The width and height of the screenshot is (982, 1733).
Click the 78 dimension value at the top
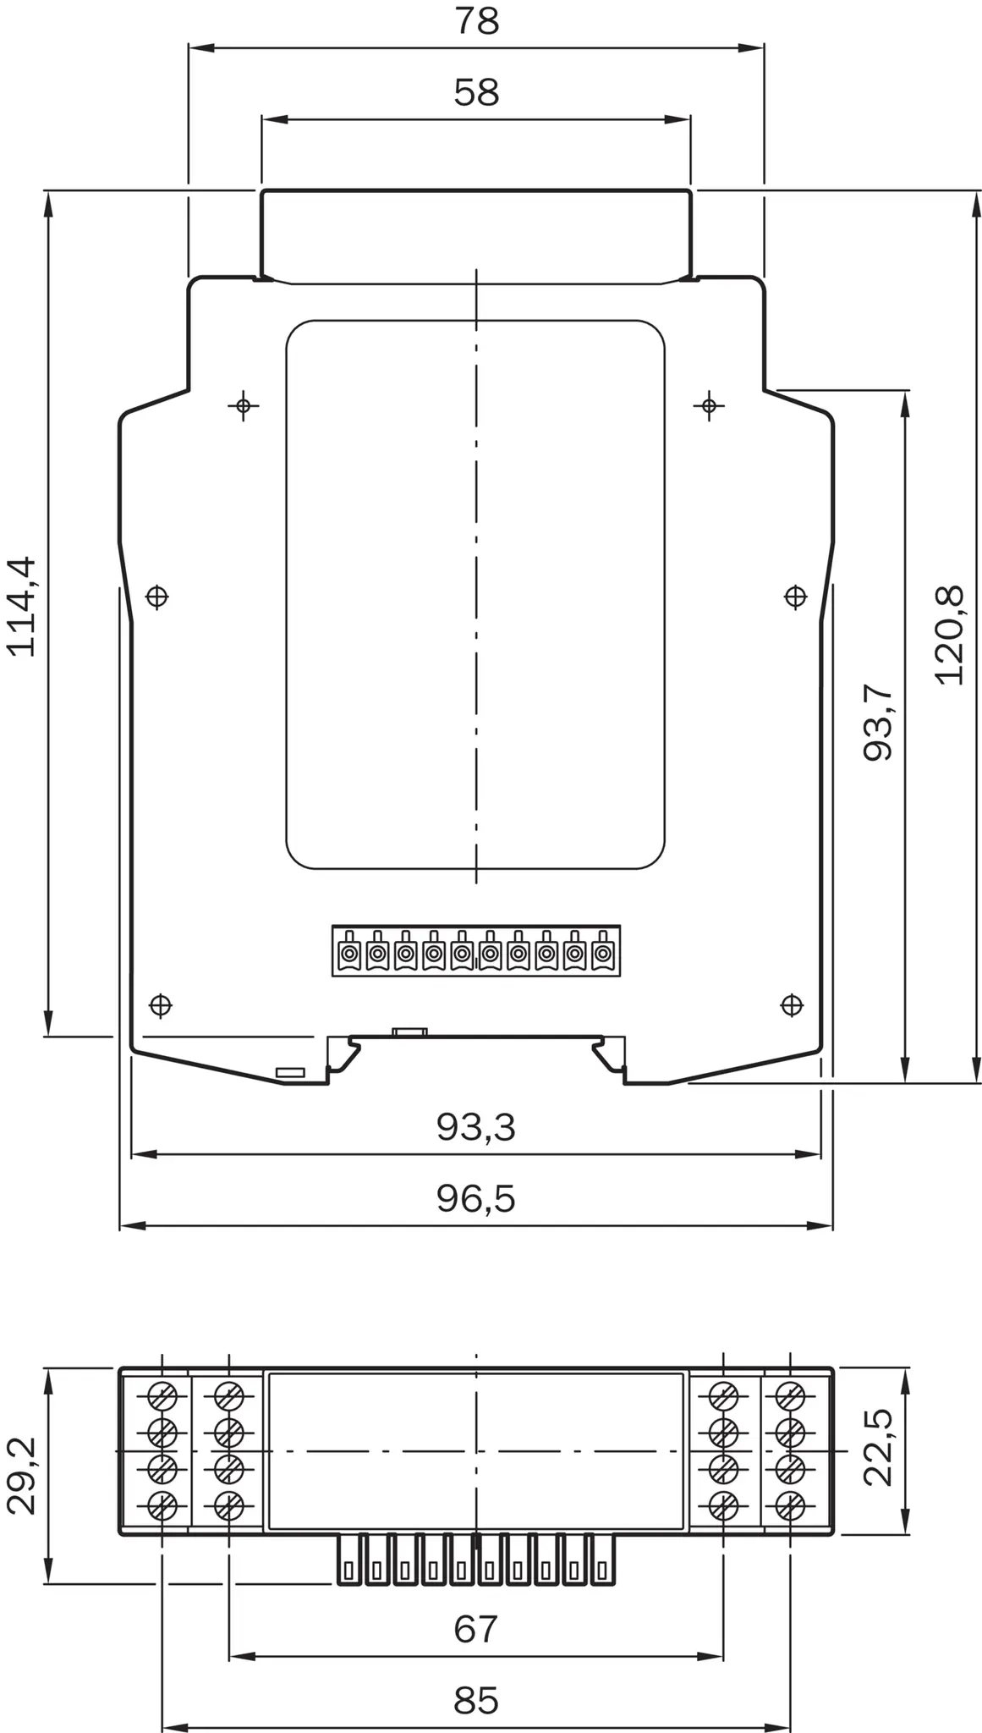click(477, 21)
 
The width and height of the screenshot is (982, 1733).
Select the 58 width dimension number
click(477, 92)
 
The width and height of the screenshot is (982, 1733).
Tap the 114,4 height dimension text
click(22, 606)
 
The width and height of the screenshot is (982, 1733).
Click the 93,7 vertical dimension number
click(878, 722)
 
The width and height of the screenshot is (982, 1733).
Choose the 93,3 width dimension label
click(476, 1127)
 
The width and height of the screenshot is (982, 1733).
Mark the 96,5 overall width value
click(476, 1198)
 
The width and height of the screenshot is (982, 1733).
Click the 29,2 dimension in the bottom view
click(22, 1475)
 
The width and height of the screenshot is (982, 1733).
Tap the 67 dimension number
click(476, 1629)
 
